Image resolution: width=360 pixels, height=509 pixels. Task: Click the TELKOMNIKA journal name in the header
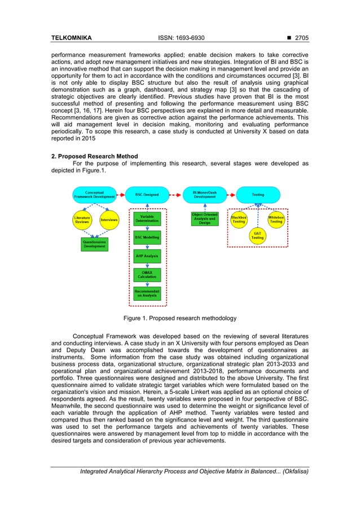(x=71, y=38)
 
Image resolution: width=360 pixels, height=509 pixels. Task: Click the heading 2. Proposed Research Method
(x=94, y=156)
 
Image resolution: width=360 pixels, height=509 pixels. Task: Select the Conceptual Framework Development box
(x=94, y=195)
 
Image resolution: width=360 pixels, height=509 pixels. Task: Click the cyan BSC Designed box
(x=147, y=195)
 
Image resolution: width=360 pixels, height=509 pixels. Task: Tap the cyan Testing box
(x=257, y=195)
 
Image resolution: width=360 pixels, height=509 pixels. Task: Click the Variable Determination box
(x=147, y=219)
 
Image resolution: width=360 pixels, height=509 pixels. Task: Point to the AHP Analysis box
(x=147, y=256)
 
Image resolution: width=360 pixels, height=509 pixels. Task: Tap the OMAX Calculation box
(x=147, y=275)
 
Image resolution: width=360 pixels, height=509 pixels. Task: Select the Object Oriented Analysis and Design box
(x=204, y=219)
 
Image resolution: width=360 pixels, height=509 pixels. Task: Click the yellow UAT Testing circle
(x=257, y=236)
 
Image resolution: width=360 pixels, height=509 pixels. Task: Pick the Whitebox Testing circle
(x=276, y=220)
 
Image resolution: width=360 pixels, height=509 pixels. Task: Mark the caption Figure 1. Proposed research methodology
(x=180, y=318)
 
